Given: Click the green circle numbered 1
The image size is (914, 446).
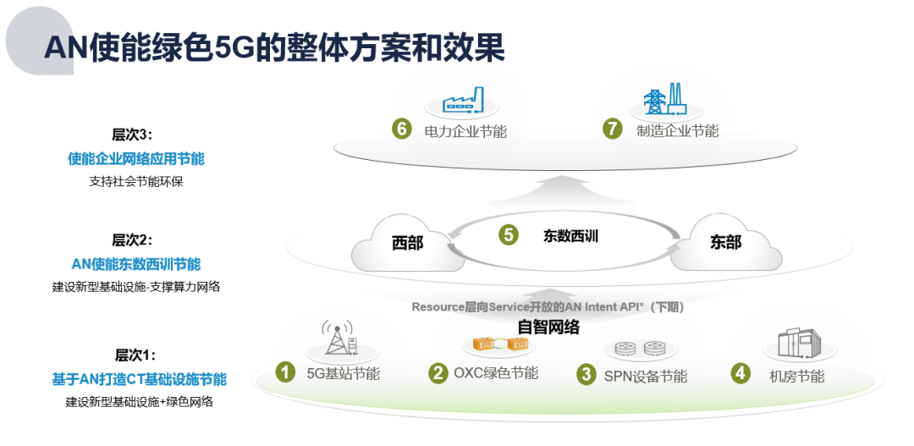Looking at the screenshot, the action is tap(286, 372).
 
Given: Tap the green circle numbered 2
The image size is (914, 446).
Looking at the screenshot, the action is tap(438, 372).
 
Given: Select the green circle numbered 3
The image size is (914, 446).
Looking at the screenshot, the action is tap(586, 374).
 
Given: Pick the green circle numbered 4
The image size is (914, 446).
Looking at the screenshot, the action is tap(741, 372).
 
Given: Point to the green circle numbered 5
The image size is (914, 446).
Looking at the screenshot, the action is tap(509, 234).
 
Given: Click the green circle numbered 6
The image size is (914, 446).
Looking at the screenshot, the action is tap(402, 129).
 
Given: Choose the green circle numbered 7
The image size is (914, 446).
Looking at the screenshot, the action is tap(612, 129).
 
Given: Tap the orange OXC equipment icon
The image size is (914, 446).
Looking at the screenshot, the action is tap(499, 344).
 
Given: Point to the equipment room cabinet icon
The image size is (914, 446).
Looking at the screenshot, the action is tap(798, 343).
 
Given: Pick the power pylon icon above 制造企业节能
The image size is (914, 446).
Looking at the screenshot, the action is tap(665, 99).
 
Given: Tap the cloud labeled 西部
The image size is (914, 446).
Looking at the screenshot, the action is tap(408, 245).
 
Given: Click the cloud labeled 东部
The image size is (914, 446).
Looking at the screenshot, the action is tap(726, 243).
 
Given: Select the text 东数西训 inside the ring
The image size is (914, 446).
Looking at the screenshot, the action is tap(570, 236).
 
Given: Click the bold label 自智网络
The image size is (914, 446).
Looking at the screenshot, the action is tap(548, 327).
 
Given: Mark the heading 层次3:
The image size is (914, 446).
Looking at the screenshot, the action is tap(132, 135).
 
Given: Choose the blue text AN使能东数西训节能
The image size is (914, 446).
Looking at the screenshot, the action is tap(135, 264).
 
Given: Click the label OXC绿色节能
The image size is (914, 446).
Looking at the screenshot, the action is tap(496, 373).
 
